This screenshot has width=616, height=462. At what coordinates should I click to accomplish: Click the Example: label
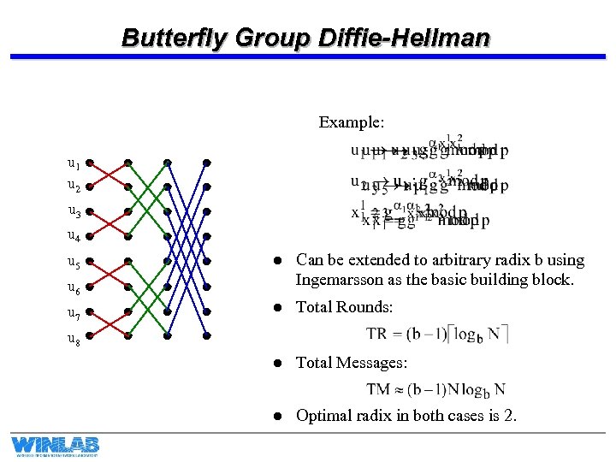(351, 122)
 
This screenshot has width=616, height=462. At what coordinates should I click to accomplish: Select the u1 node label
(74, 163)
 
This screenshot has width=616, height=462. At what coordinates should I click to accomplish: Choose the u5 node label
(74, 263)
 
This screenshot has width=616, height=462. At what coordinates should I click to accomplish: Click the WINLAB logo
(55, 445)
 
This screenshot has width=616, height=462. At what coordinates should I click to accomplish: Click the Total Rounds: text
(344, 307)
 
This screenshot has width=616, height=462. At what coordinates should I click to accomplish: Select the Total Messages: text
(351, 363)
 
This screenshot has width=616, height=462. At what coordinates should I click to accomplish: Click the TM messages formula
(435, 389)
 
